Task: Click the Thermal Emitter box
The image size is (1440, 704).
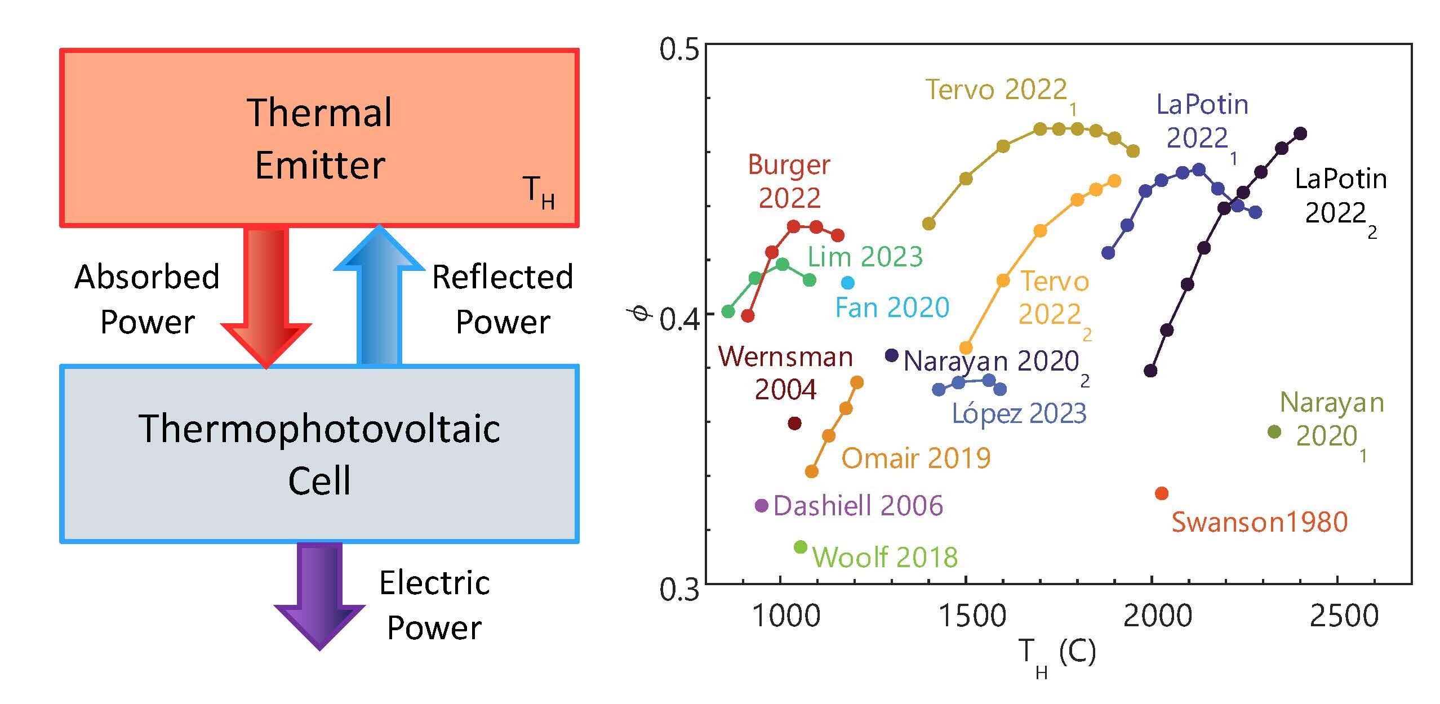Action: click(319, 138)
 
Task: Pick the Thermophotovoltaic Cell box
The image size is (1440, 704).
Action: click(319, 453)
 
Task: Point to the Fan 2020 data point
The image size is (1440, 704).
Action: click(847, 283)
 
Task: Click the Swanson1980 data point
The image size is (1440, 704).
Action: click(1162, 493)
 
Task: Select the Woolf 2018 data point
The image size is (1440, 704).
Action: click(801, 547)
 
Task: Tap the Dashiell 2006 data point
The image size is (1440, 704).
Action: click(762, 505)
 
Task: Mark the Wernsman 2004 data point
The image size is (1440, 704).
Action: click(794, 423)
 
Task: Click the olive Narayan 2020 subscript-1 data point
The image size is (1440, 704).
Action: click(1274, 432)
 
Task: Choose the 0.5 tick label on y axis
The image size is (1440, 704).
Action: click(679, 50)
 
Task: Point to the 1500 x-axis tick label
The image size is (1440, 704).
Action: click(972, 616)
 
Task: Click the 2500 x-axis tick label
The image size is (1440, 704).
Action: click(1344, 616)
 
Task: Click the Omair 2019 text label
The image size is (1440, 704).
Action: click(916, 458)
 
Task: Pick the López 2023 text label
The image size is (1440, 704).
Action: click(1019, 414)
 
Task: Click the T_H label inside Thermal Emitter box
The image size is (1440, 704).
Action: click(539, 191)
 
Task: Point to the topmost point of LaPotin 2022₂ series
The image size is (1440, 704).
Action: click(1300, 133)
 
